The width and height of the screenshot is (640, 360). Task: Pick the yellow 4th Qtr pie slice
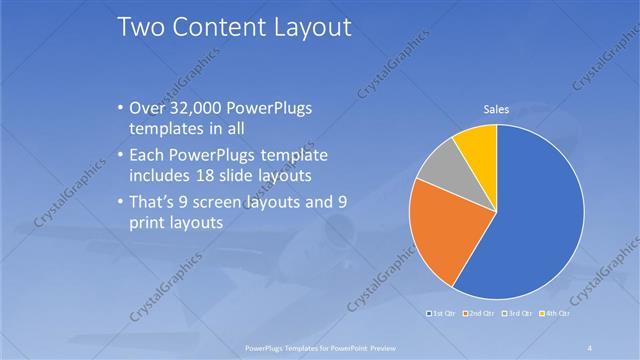click(x=477, y=145)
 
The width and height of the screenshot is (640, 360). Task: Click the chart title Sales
click(x=497, y=109)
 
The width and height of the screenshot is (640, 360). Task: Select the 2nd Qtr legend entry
click(x=480, y=315)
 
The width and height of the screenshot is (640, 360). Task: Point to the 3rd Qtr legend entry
click(x=518, y=315)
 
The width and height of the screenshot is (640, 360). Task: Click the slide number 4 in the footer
click(x=591, y=347)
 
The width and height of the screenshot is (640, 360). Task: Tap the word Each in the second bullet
click(x=150, y=156)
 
